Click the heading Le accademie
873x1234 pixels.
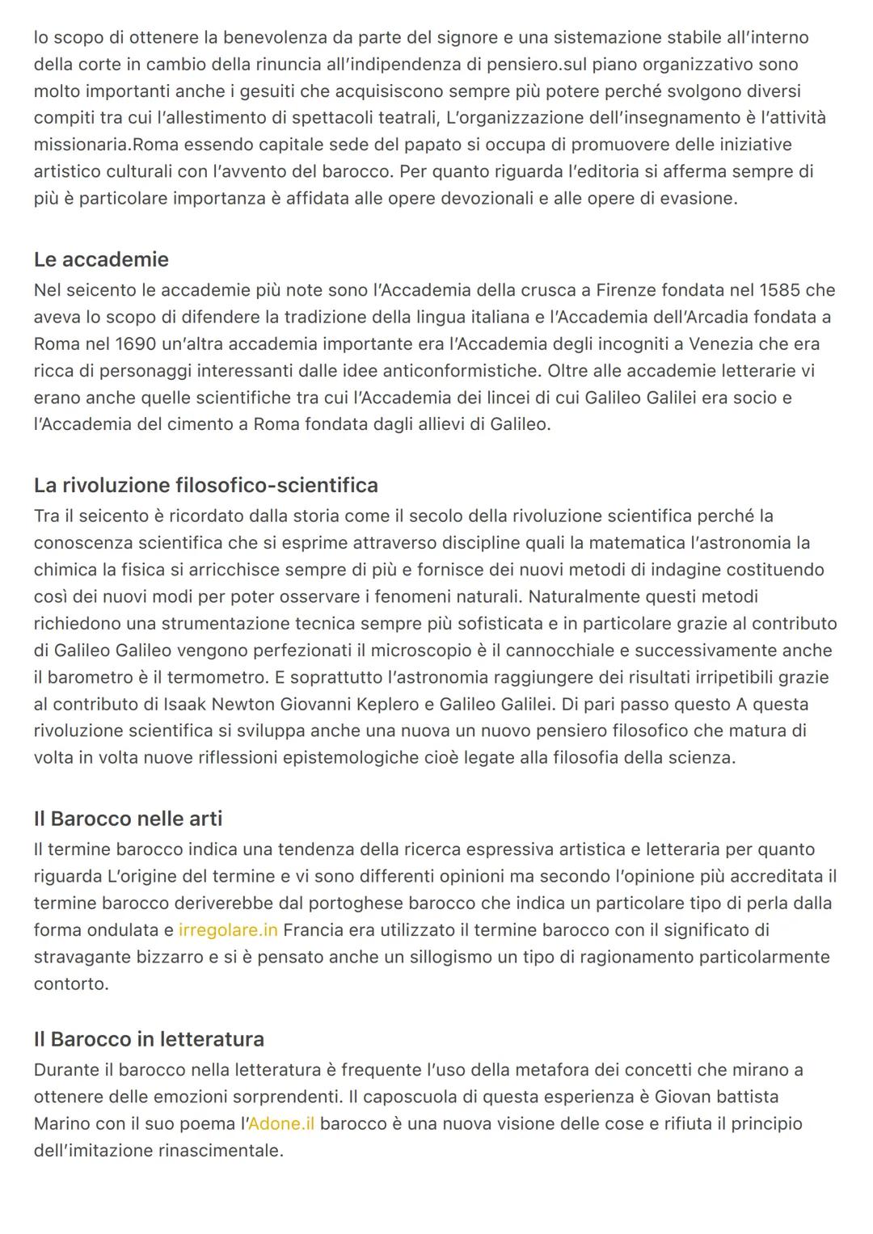pos(101,259)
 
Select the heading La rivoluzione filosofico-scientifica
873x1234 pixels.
pos(205,485)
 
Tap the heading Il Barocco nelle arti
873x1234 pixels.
pos(128,819)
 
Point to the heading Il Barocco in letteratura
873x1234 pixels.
pos(149,1038)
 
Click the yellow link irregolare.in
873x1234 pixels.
pos(228,930)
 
